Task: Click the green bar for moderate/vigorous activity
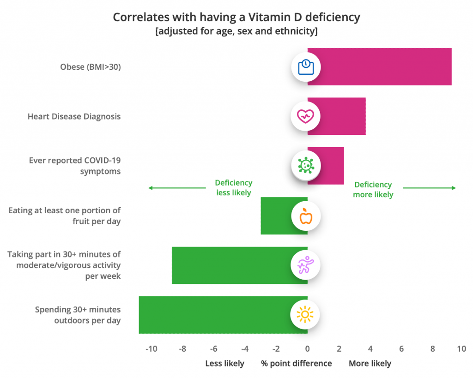point(231,265)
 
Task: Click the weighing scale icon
point(306,67)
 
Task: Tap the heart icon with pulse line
point(305,116)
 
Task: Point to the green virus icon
point(305,165)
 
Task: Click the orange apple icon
point(306,216)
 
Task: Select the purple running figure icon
point(305,265)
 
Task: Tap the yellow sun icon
point(305,314)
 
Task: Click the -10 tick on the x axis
point(151,349)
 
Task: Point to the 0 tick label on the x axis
point(307,349)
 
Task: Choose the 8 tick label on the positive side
point(433,349)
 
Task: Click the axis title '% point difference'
point(296,363)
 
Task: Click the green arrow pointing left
point(177,188)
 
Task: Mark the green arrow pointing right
point(430,188)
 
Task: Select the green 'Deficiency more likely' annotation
point(373,190)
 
